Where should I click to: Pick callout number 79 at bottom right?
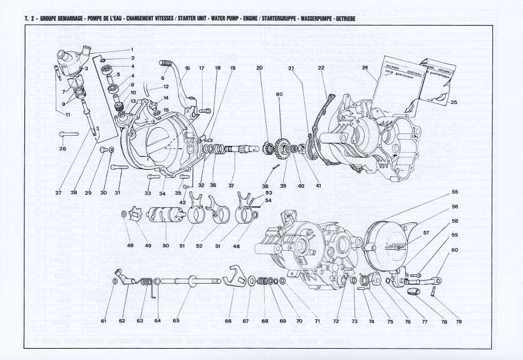point(459,321)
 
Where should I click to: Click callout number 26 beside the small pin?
point(63,149)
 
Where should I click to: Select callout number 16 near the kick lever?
point(187,67)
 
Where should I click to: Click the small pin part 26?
point(68,133)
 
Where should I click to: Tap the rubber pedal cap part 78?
point(412,291)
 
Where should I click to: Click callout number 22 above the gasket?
point(321,67)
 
